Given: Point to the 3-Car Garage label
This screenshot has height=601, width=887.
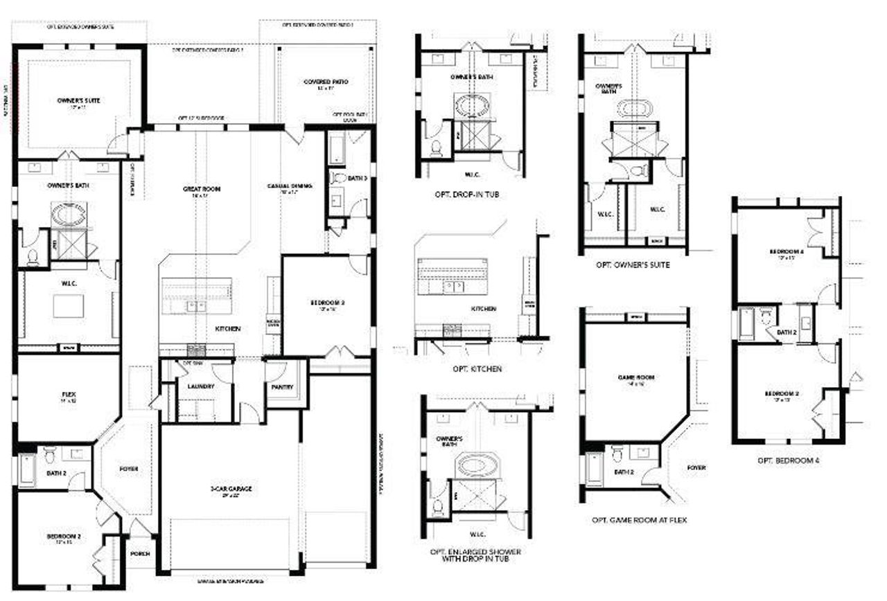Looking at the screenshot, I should pyautogui.click(x=231, y=489).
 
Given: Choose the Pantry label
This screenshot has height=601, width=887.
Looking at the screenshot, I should pyautogui.click(x=283, y=387).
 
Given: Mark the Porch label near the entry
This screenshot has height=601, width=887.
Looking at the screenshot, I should pyautogui.click(x=141, y=554).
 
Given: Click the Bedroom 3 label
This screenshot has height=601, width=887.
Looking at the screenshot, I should pyautogui.click(x=326, y=303).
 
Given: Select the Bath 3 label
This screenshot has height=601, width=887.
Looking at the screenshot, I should pyautogui.click(x=357, y=179).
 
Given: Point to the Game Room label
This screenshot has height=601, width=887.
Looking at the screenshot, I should pyautogui.click(x=636, y=377).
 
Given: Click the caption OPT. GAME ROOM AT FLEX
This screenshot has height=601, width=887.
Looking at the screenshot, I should pyautogui.click(x=639, y=520).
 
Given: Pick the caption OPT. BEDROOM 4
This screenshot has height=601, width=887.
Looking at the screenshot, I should pyautogui.click(x=788, y=460).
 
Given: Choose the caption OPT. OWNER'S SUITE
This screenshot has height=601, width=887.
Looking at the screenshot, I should pyautogui.click(x=632, y=264).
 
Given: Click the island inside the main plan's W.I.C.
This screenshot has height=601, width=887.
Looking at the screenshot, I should pyautogui.click(x=68, y=306).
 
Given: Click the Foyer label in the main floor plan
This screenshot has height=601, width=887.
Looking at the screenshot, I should pyautogui.click(x=128, y=469).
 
